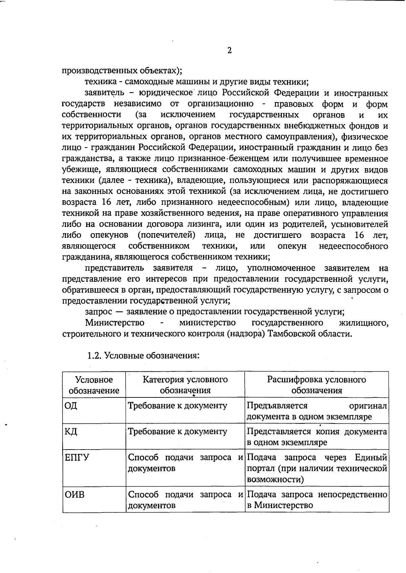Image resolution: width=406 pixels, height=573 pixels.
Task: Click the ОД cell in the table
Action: (71, 406)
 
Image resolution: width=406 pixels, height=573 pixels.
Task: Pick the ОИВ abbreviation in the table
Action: (74, 495)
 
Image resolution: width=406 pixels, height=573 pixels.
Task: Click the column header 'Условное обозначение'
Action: (94, 385)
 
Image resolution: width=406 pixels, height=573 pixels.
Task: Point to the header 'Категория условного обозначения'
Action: (185, 385)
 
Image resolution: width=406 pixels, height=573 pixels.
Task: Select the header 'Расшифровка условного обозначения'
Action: (317, 385)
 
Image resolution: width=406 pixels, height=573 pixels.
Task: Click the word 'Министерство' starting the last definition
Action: (115, 323)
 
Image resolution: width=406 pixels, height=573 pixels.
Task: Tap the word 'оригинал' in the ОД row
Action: (368, 406)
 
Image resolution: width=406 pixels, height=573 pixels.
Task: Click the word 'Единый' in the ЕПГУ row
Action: (371, 458)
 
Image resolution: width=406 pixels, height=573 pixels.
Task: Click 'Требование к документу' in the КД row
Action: (177, 432)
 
